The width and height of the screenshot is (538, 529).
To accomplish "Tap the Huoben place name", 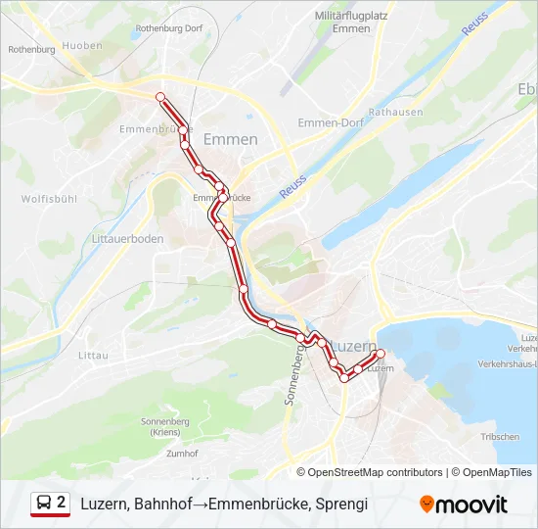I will click(x=81, y=45).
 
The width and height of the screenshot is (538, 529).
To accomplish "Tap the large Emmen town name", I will click(x=230, y=139).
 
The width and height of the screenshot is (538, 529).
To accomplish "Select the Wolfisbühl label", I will click(x=49, y=199).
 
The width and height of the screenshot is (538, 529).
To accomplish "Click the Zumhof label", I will click(x=182, y=454).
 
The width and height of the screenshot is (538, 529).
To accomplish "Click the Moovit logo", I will click(x=464, y=505).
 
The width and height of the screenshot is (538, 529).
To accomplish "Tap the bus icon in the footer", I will click(x=45, y=504).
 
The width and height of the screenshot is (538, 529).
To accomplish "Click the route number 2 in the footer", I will click(x=62, y=503).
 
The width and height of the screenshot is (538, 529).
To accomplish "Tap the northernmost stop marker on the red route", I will click(x=160, y=95).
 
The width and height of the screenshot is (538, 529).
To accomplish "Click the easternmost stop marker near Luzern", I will click(x=381, y=354).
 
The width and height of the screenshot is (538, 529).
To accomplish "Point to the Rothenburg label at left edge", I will click(x=31, y=49).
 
